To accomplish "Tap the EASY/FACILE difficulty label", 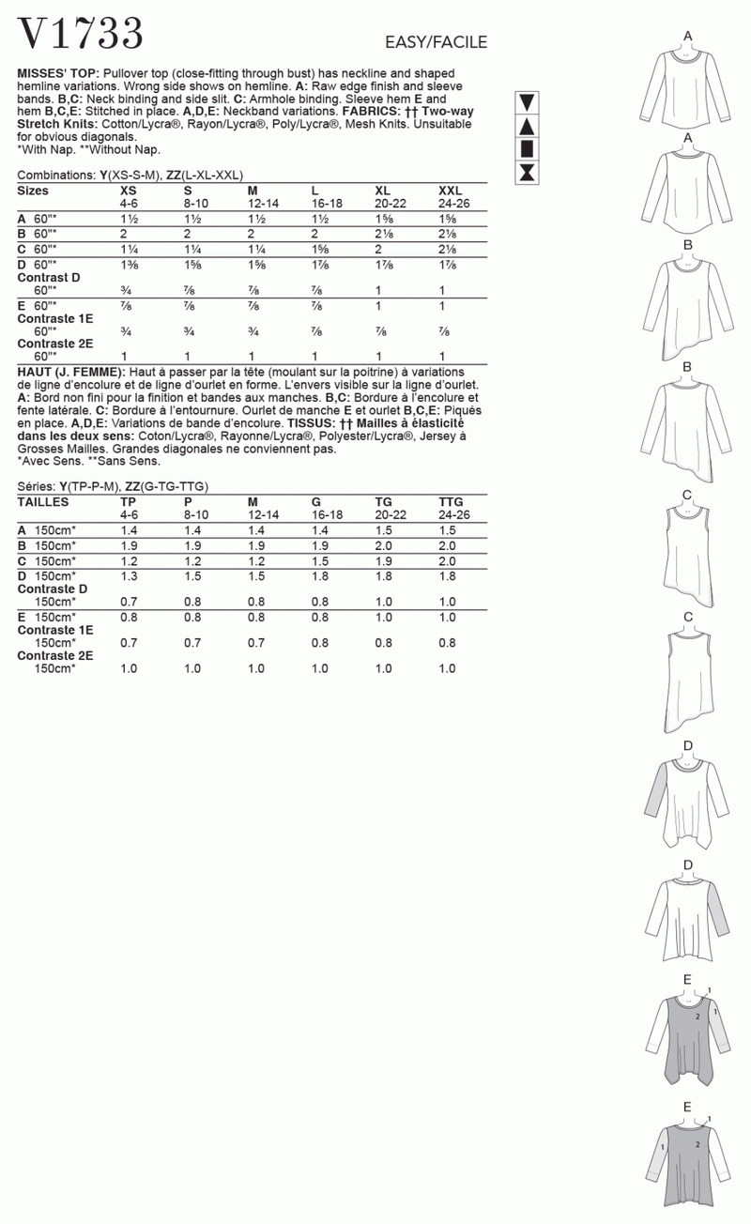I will point(436,42).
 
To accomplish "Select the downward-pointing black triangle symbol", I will point(527,102).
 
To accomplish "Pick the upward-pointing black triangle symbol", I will point(527,126).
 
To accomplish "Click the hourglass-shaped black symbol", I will point(527,172).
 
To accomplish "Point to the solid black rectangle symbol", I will point(527,148).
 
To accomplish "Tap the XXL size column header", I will point(452,191).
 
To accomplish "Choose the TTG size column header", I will point(451,502).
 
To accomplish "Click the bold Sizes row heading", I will point(34,191).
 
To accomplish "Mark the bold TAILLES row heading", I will point(43,502).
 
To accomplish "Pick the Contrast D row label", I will point(49,278).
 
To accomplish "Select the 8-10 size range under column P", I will point(195,515).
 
